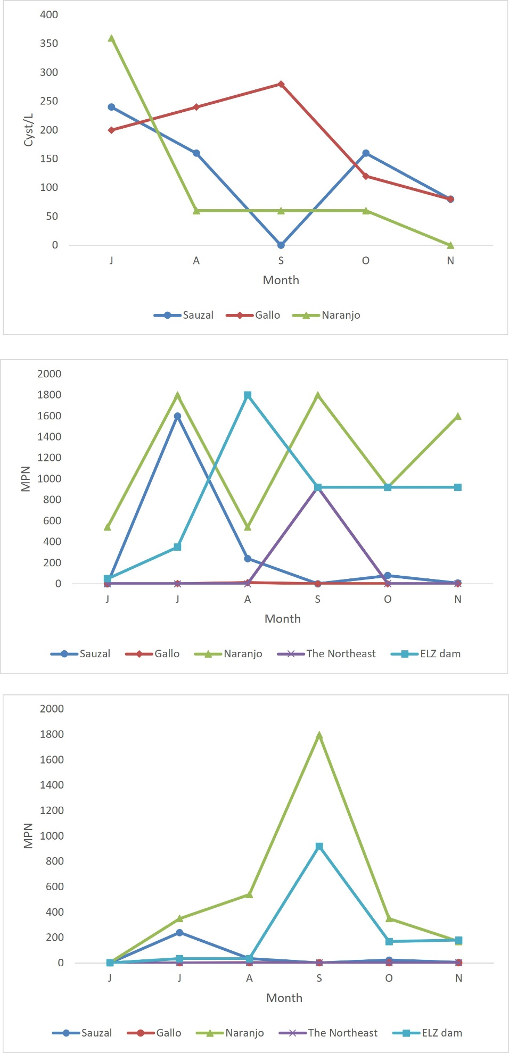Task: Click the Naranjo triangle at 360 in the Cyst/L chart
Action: click(111, 38)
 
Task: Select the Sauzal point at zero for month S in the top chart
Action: click(281, 245)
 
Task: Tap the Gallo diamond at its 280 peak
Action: click(281, 84)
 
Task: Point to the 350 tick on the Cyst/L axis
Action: click(49, 44)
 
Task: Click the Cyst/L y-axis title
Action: click(28, 130)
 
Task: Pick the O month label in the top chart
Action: click(366, 261)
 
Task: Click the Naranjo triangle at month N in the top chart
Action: click(450, 245)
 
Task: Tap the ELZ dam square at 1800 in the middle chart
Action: click(248, 395)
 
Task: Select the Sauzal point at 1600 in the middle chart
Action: click(177, 416)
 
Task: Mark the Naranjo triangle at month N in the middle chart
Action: click(458, 416)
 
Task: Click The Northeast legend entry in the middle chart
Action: click(327, 654)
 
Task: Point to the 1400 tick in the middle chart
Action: click(50, 437)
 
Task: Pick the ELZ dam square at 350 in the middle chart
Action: click(177, 547)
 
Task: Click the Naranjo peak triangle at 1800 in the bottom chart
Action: click(319, 735)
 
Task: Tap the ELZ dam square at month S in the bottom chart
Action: click(319, 847)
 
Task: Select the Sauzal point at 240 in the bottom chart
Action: click(179, 932)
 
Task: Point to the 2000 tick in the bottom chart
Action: click(52, 709)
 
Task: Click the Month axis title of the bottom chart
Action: click(284, 998)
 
